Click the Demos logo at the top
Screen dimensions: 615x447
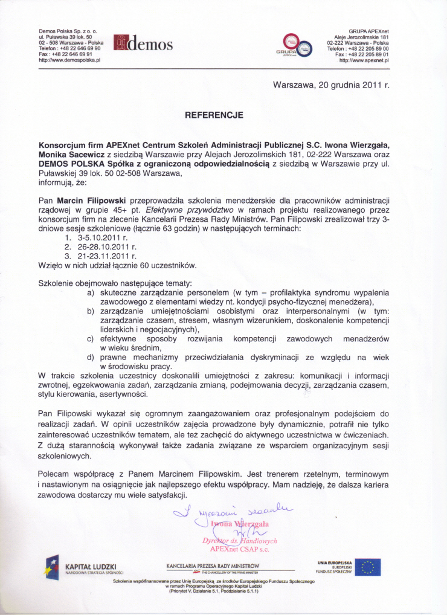(x=143, y=44)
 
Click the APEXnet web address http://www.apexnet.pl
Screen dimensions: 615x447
(x=364, y=61)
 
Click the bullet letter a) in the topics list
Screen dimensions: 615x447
(x=91, y=293)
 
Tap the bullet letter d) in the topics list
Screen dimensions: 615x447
(x=91, y=357)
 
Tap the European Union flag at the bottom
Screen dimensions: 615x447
(x=367, y=567)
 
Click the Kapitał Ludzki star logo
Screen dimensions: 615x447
(x=53, y=567)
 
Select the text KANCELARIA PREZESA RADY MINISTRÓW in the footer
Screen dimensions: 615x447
(x=207, y=565)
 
